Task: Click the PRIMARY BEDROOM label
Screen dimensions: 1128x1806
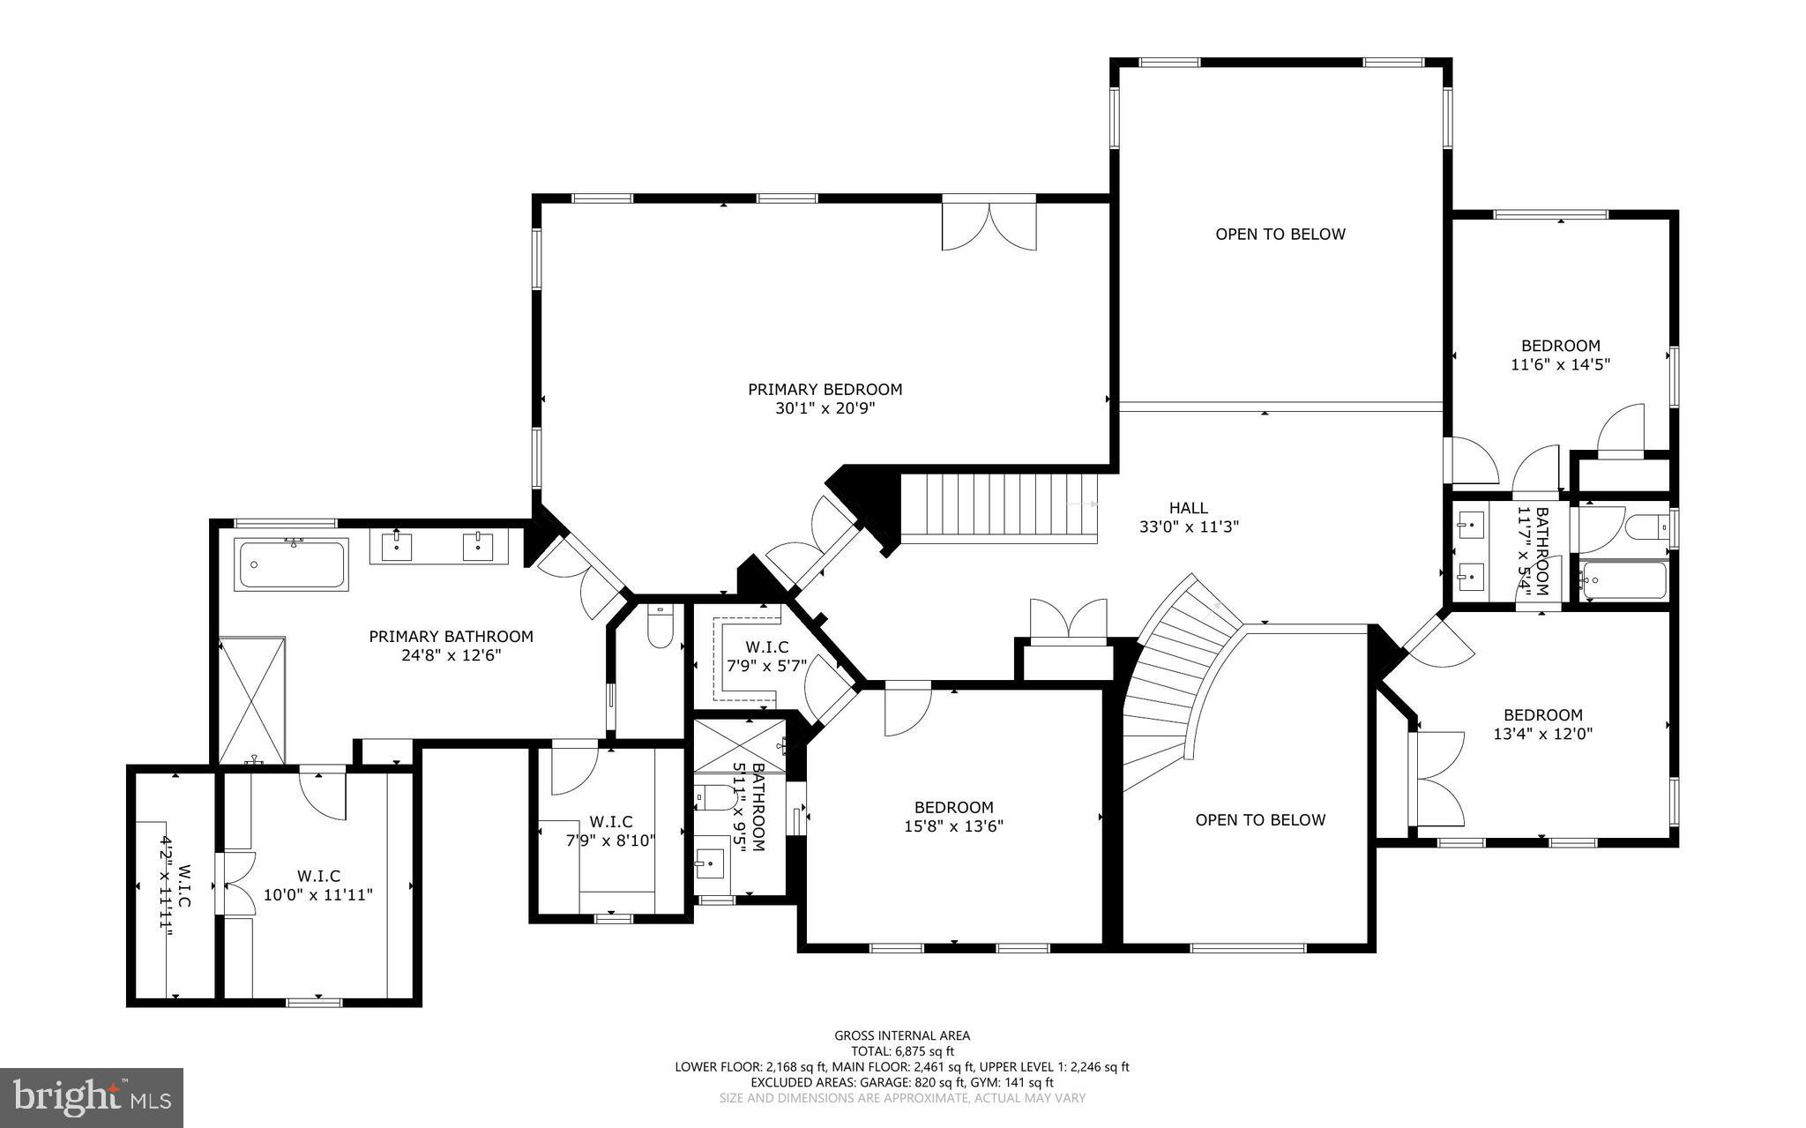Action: (x=825, y=389)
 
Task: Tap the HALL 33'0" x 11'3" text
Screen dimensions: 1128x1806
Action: (x=1189, y=518)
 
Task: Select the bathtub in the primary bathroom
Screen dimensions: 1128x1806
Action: (x=292, y=565)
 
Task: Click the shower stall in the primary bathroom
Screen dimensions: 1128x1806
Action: (x=252, y=699)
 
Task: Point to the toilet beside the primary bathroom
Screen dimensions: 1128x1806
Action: (x=660, y=626)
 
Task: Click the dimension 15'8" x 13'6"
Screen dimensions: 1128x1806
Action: (x=953, y=826)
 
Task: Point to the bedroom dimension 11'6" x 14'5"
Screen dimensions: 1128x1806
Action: (x=1560, y=364)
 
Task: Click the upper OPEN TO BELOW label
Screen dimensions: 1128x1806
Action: (x=1280, y=234)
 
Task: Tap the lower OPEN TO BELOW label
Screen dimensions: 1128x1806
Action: (x=1260, y=819)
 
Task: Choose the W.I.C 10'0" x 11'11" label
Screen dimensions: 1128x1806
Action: (x=318, y=885)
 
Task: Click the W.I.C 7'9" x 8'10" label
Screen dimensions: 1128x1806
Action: (x=610, y=832)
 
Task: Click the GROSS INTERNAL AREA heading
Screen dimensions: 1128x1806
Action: (x=902, y=1035)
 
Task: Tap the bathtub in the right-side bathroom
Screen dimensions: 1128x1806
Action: (x=1623, y=579)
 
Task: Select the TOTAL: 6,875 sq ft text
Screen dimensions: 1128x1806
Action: (x=902, y=1051)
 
